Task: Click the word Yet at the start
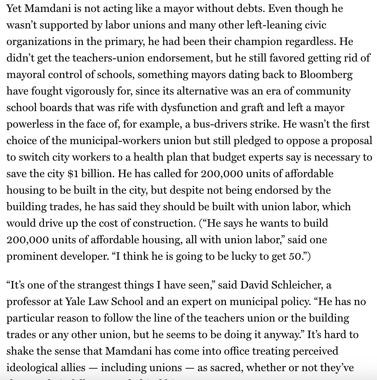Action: click(14, 8)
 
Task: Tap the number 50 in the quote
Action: click(295, 256)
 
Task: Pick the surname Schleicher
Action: click(292, 285)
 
